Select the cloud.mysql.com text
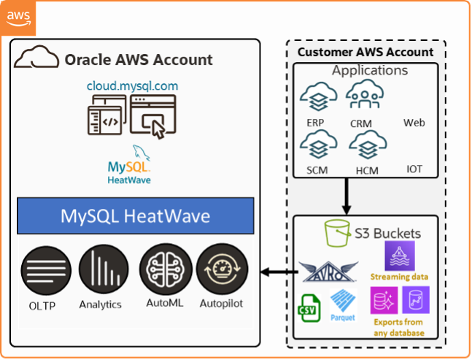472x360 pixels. pos(132,86)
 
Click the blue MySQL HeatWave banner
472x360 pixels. pos(134,216)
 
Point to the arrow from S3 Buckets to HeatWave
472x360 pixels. pos(276,273)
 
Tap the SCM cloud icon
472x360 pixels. pos(317,145)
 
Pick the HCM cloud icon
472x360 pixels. pos(363,145)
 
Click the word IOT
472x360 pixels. pos(414,169)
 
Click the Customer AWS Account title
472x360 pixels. pos(365,53)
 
